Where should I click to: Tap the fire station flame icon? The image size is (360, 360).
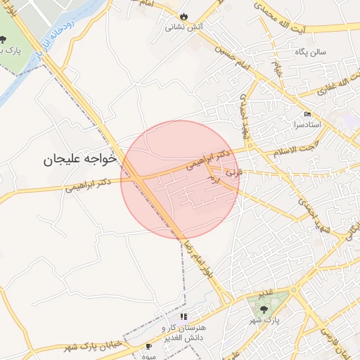coord(184,16)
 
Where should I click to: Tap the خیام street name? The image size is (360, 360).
coord(279,70)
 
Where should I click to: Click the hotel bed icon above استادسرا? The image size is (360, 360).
coord(307,114)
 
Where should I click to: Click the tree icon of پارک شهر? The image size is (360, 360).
coord(264,308)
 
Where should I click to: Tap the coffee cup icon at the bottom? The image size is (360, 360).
coord(148,347)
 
